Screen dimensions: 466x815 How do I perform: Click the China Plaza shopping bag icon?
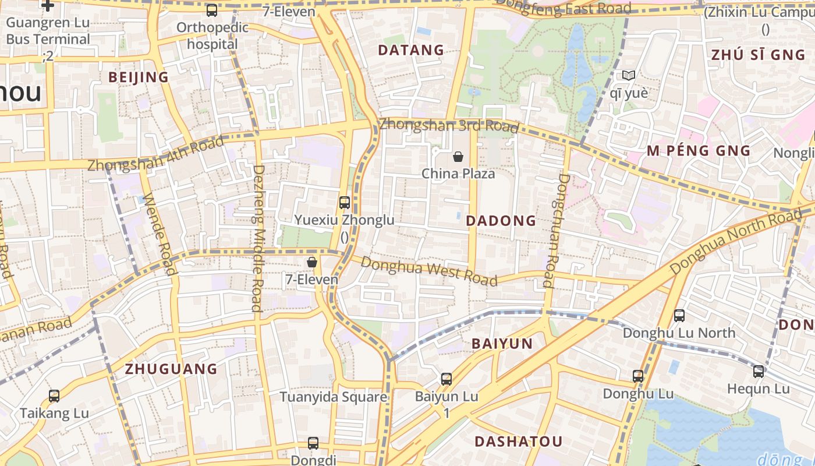coord(458,156)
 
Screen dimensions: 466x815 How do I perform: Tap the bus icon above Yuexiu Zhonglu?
coord(345,203)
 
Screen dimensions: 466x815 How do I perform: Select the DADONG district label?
coord(501,221)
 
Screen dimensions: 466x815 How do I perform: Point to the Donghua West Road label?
coord(429,271)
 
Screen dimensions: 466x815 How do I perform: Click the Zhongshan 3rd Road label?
coord(448,125)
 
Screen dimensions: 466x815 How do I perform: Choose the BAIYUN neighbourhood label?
coord(502,344)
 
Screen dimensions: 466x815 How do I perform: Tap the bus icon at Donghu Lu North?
coord(679,316)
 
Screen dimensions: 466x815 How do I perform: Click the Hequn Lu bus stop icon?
coord(758,371)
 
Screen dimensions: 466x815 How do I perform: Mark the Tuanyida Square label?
coord(333,397)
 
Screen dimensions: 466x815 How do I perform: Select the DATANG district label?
coord(411,50)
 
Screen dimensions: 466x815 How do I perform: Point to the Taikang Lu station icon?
coord(54,396)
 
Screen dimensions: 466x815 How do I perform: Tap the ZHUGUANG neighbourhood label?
coord(171,369)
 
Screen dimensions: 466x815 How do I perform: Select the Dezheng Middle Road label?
coord(258,238)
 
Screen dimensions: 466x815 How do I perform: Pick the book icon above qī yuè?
coord(628,75)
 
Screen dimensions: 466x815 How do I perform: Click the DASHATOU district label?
coord(518,442)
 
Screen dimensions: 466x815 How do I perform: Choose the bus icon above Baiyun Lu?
coord(446,379)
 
